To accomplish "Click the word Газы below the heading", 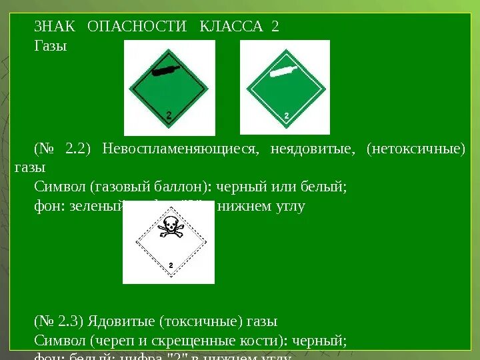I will click(51, 47).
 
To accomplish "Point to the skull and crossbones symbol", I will click(169, 227).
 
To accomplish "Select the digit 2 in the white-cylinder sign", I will click(287, 116).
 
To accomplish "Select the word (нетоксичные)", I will click(415, 148).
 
